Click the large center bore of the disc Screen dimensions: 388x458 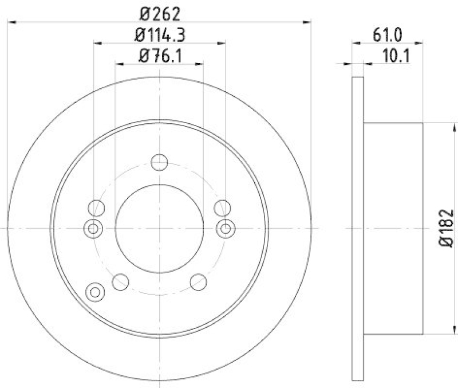(159, 228)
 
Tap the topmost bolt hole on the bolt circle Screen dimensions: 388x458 (159, 162)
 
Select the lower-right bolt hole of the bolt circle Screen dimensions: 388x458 (198, 281)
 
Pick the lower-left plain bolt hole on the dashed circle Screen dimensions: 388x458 (120, 281)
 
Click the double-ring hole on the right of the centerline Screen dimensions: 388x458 (226, 229)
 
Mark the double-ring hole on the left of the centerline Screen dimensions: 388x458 (93, 229)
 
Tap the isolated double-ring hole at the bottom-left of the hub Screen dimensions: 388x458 (95, 292)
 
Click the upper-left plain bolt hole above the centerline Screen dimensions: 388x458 (97, 207)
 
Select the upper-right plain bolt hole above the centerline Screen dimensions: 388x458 (222, 207)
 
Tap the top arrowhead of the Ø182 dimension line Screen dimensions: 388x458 (447, 126)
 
